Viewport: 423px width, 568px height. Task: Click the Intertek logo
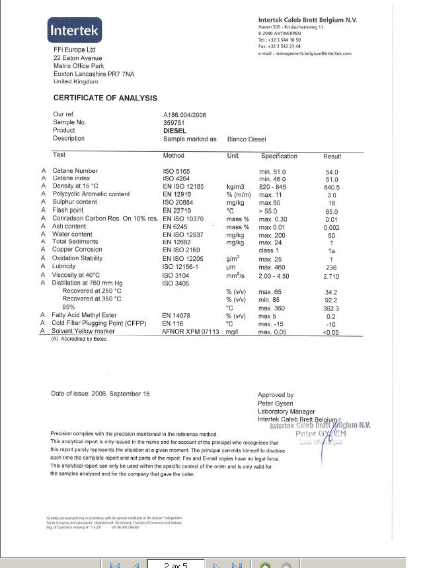pos(73,30)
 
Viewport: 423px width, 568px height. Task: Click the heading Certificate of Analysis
pos(105,98)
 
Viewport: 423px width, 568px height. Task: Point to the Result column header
pos(332,157)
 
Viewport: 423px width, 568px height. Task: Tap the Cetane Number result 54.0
pos(332,172)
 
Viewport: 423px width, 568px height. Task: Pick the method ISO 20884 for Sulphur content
pos(178,202)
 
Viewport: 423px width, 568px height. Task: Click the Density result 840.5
pos(332,187)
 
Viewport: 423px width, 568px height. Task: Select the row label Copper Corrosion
pos(79,250)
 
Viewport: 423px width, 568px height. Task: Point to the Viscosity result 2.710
pos(332,275)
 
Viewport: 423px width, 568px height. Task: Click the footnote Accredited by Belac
pos(75,339)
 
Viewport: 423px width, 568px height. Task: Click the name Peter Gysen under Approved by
pos(275,403)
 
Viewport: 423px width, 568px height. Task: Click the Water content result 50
pos(332,235)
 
